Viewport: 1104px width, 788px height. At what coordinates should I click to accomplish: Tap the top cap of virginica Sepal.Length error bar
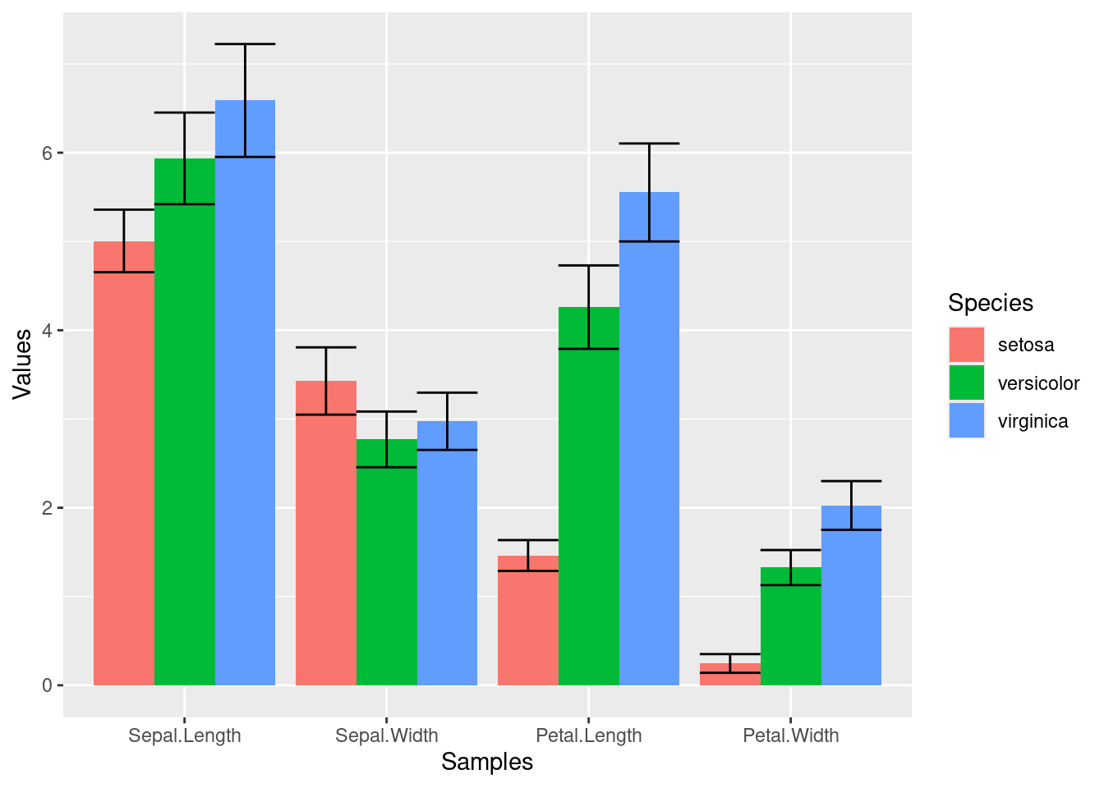coord(245,44)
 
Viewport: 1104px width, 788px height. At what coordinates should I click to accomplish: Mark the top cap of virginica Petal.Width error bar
coord(851,481)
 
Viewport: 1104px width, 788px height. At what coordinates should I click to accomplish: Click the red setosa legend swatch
coord(967,345)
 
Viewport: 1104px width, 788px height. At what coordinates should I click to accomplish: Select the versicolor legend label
coord(1038,383)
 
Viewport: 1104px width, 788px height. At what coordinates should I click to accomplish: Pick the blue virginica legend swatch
coord(967,420)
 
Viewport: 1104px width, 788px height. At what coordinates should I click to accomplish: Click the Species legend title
coord(991,303)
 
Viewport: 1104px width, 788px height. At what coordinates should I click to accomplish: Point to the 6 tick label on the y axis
coord(47,153)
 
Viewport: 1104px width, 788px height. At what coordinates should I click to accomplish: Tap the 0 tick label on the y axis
coord(47,685)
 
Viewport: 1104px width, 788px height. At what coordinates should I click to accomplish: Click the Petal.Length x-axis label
coord(589,735)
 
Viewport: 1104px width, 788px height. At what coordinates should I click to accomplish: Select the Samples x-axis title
coord(487,762)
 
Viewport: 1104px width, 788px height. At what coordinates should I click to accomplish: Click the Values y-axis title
coord(23,364)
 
